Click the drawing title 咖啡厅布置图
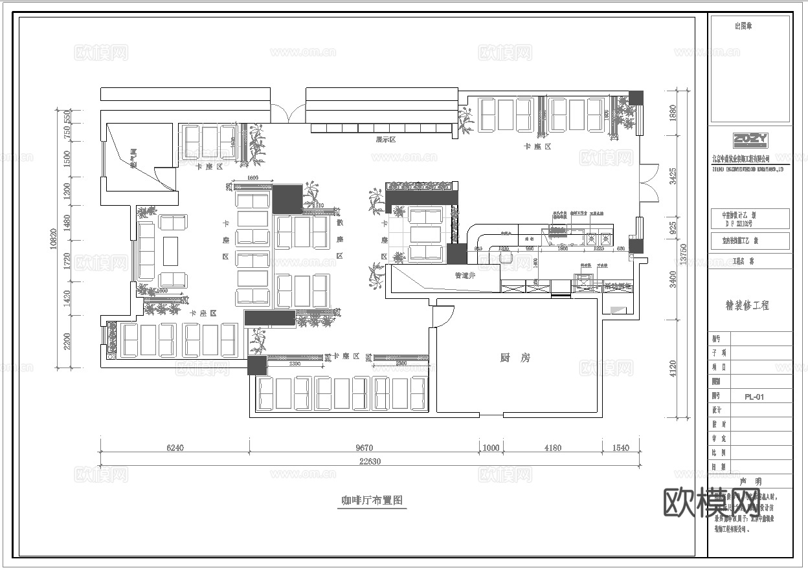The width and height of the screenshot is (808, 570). click(x=372, y=500)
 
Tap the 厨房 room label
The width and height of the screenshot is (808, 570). click(x=515, y=358)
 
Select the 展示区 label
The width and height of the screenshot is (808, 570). click(x=385, y=140)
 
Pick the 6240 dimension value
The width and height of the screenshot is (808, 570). click(x=175, y=447)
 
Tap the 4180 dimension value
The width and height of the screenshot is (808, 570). click(x=552, y=447)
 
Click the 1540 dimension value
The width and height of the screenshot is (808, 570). click(x=620, y=447)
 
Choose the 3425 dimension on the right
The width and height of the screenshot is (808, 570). click(x=673, y=175)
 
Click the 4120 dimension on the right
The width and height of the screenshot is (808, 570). click(x=673, y=368)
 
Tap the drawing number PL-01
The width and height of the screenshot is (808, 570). click(x=754, y=397)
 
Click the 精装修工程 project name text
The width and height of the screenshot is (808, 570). click(x=748, y=305)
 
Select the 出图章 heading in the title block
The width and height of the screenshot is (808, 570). click(x=743, y=27)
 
